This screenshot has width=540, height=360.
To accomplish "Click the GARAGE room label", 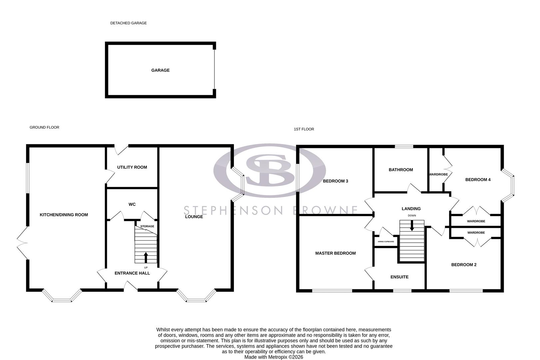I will pyautogui.click(x=160, y=70).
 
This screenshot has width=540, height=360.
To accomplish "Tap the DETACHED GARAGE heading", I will pyautogui.click(x=128, y=23).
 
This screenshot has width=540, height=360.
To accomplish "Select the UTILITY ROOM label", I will pyautogui.click(x=132, y=167).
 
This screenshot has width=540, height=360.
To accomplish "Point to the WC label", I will pyautogui.click(x=132, y=204).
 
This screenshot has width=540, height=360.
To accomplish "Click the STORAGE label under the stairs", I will pyautogui.click(x=147, y=226).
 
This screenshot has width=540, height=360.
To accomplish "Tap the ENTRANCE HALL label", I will pyautogui.click(x=132, y=273).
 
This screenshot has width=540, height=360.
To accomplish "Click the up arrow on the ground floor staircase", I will pyautogui.click(x=146, y=257).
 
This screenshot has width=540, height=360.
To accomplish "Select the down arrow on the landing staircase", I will pyautogui.click(x=412, y=226).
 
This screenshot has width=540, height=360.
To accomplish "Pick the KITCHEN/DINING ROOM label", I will pyautogui.click(x=64, y=215).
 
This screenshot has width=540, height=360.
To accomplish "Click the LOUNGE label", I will pyautogui.click(x=194, y=217).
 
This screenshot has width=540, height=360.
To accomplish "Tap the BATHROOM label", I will pyautogui.click(x=401, y=170).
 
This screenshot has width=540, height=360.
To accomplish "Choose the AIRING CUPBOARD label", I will pyautogui.click(x=386, y=242).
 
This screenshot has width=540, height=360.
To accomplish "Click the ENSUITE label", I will pyautogui.click(x=399, y=277).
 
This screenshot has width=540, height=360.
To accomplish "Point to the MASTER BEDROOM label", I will pyautogui.click(x=335, y=253).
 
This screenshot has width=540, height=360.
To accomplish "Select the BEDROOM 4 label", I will pyautogui.click(x=478, y=180).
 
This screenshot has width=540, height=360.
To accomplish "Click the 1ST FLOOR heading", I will pyautogui.click(x=304, y=129).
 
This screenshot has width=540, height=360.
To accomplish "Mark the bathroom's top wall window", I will pyautogui.click(x=404, y=146).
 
